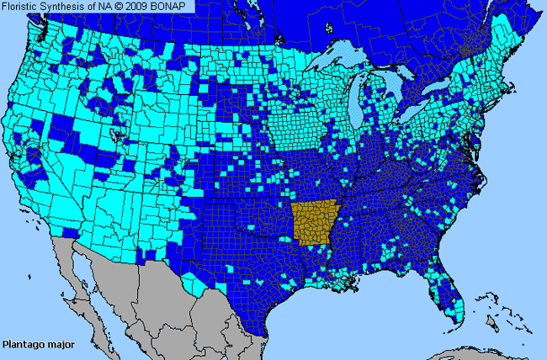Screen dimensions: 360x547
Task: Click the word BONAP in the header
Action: [x=171, y=7]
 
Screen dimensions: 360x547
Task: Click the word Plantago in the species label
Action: [x=24, y=344]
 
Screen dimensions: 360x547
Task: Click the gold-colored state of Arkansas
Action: [x=313, y=223]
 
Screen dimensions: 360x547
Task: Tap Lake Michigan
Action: [x=361, y=114]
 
